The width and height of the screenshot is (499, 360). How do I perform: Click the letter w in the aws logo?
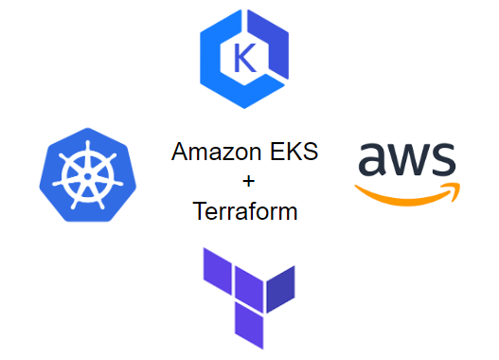point(408,162)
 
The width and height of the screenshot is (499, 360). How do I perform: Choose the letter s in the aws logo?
point(442,162)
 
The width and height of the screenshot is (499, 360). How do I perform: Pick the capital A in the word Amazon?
point(180,153)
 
